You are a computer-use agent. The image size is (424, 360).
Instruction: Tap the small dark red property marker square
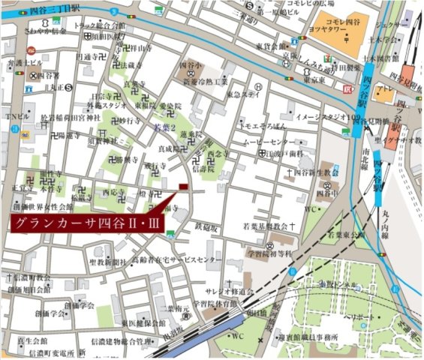click(x=182, y=187)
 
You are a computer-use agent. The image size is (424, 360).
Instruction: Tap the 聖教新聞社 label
click(x=106, y=262)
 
